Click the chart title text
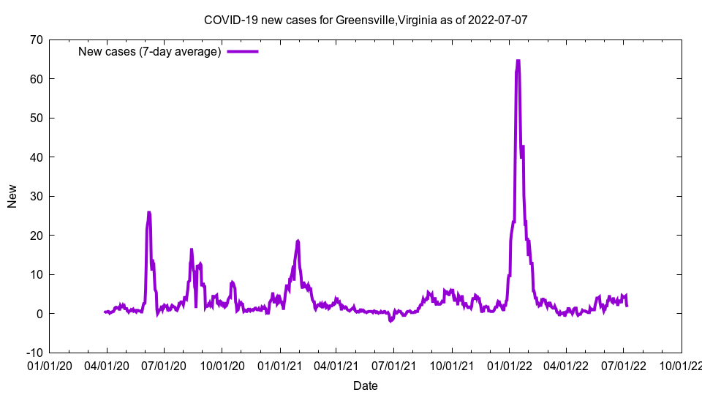366,20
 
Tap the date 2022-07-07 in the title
500,20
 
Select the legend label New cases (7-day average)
149,51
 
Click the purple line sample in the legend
243,51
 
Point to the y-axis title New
12,196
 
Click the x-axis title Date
366,385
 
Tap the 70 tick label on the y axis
35,39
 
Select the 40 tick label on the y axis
35,157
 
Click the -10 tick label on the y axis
34,353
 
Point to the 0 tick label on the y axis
39,314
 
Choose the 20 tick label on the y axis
35,236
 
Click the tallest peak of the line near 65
518,61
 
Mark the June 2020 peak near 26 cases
149,213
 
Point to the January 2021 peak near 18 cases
298,241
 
